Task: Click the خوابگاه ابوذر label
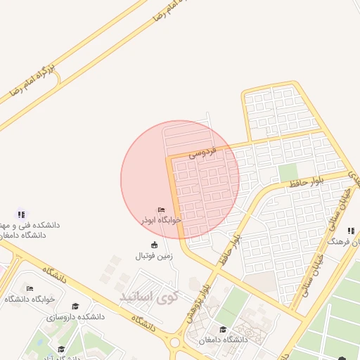click(162, 219)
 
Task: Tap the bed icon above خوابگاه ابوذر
click(162, 210)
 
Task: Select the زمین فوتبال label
click(154, 255)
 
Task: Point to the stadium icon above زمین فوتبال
click(154, 245)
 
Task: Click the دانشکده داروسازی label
click(75, 316)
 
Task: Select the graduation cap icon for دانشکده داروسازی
click(75, 306)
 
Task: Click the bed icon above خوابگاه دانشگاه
click(30, 288)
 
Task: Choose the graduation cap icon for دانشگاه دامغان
click(223, 330)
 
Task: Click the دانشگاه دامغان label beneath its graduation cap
click(223, 340)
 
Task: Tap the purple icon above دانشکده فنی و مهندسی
click(21, 214)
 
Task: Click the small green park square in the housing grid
click(288, 173)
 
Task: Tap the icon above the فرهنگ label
click(350, 231)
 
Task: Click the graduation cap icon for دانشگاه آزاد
click(61, 349)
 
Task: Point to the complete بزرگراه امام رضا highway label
click(32, 81)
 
